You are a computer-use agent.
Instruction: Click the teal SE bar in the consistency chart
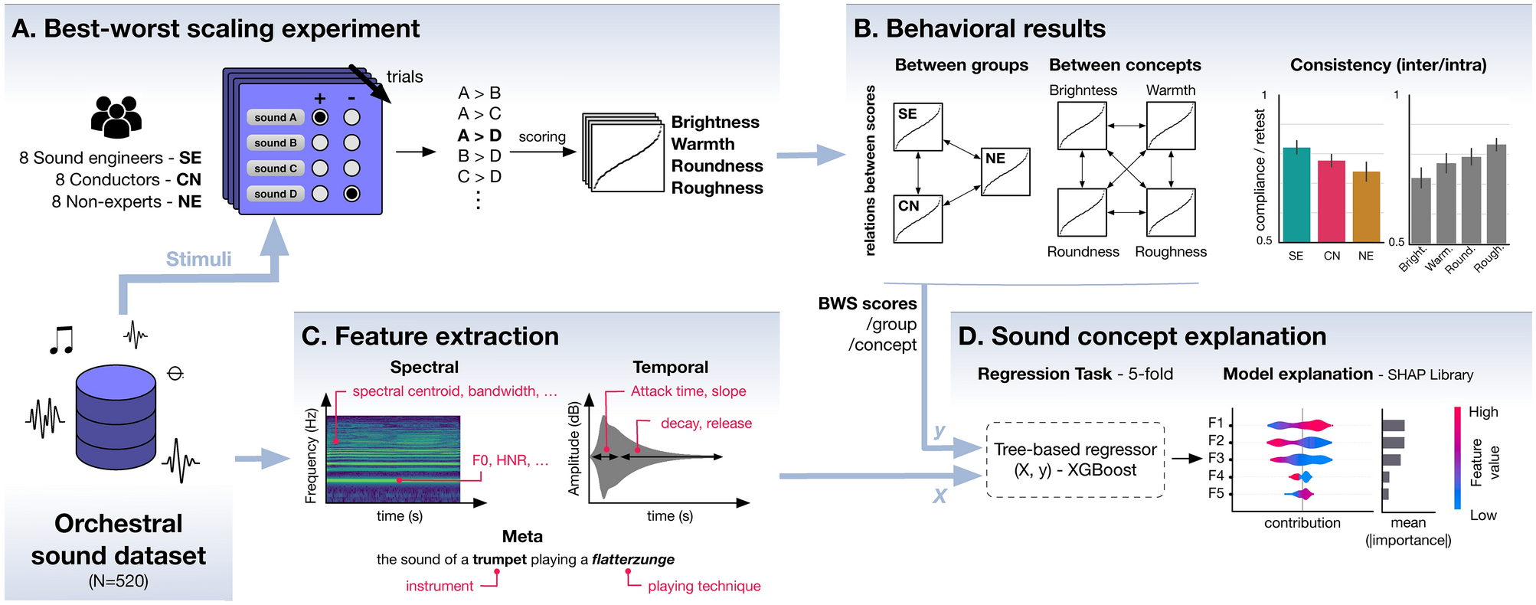[x=1296, y=195]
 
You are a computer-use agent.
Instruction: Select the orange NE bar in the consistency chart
[x=1366, y=207]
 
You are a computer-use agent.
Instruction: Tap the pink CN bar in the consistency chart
[x=1332, y=201]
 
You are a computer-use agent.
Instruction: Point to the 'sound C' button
[x=276, y=168]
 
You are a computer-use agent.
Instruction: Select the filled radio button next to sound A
[x=320, y=117]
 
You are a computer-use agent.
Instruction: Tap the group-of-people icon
[x=116, y=117]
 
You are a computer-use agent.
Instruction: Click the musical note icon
[x=61, y=339]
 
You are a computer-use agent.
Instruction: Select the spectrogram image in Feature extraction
[x=393, y=459]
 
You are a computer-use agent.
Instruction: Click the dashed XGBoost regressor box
[x=1075, y=459]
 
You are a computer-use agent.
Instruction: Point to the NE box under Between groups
[x=1005, y=172]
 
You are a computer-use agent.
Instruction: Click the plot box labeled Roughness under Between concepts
[x=1170, y=212]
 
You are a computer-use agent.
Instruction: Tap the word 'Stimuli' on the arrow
[x=198, y=259]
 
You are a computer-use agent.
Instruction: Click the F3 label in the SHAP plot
[x=1215, y=458]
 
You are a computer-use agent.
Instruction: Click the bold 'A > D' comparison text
[x=479, y=136]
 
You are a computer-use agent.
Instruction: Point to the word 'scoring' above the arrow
[x=542, y=137]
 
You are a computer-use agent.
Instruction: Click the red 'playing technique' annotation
[x=704, y=586]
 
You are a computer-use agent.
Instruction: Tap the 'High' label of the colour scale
[x=1482, y=412]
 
